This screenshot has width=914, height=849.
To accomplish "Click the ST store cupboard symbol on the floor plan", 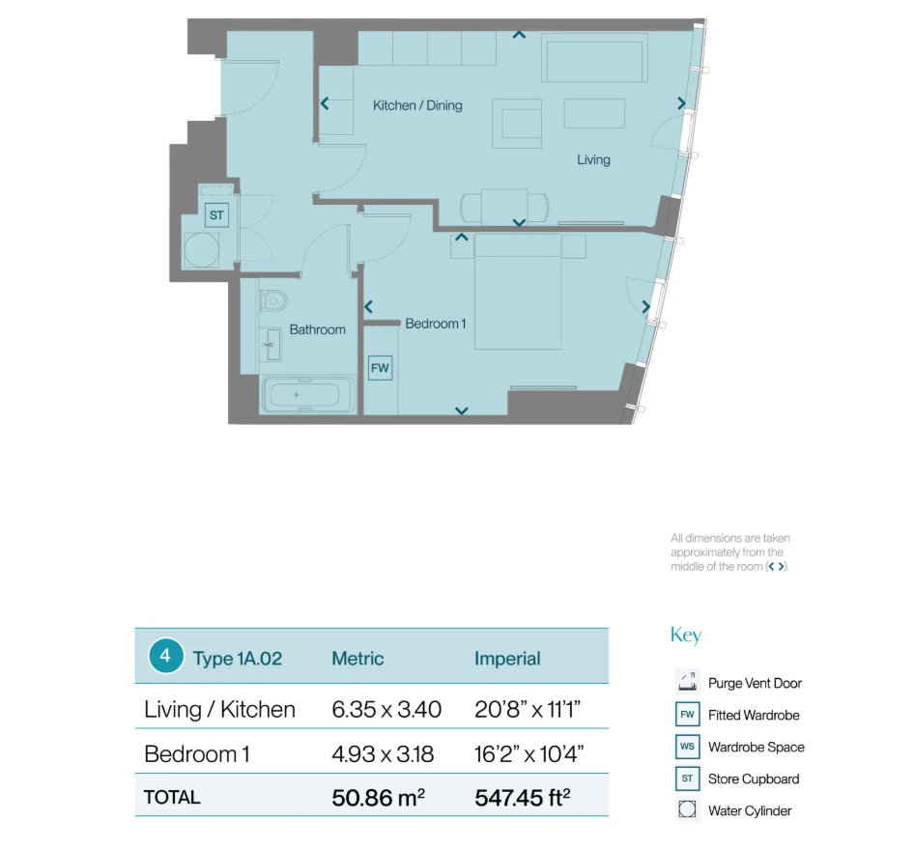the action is [216, 215].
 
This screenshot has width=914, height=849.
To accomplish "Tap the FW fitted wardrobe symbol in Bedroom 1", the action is [380, 368].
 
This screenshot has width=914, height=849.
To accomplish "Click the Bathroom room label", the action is [317, 329].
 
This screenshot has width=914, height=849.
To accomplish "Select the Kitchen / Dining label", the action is [417, 105].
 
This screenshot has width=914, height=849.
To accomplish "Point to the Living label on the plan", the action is [593, 159].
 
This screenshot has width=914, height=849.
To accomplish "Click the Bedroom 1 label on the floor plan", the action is [436, 324].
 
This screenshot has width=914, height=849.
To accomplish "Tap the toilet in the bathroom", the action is [272, 301].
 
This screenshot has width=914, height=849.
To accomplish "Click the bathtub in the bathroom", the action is [308, 395].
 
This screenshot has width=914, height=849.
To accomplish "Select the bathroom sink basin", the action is [271, 345].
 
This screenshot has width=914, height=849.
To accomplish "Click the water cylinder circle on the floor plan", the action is [202, 250].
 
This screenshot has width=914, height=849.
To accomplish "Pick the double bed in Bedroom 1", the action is [518, 292].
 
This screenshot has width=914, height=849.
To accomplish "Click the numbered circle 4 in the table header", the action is [165, 656].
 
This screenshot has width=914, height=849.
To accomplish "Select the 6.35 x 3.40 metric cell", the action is [386, 709].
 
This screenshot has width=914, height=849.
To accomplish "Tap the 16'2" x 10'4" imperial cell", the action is [528, 754].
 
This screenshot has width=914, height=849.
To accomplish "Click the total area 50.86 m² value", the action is [379, 798].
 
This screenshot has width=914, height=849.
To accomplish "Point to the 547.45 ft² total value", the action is [523, 798].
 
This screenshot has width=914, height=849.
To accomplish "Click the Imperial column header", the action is [507, 659].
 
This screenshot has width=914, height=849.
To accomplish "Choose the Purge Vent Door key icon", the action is [688, 682].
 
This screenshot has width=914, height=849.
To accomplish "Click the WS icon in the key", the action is [688, 747].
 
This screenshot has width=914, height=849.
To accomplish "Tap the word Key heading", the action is [686, 635].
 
